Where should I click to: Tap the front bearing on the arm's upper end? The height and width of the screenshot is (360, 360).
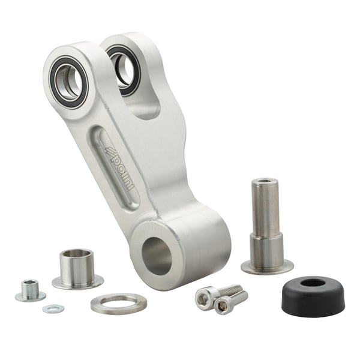[x=68, y=82]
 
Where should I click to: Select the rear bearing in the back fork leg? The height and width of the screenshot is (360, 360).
[x=124, y=67]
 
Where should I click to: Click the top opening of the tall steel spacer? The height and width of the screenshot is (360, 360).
[x=265, y=182]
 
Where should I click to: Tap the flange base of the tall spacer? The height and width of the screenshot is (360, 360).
[x=267, y=266]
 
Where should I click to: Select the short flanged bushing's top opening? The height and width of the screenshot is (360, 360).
[x=77, y=254]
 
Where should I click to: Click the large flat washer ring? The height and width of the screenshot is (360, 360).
[x=119, y=304]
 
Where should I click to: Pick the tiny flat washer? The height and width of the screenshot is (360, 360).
[x=53, y=308]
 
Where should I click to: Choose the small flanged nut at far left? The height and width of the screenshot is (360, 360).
[x=29, y=291]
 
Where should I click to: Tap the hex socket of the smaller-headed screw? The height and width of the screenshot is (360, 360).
[x=223, y=305]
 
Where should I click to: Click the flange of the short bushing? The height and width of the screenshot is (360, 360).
[x=77, y=282]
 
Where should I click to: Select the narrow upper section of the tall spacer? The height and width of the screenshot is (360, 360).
[x=265, y=207]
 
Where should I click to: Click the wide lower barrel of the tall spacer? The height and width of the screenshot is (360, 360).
[x=266, y=247]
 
